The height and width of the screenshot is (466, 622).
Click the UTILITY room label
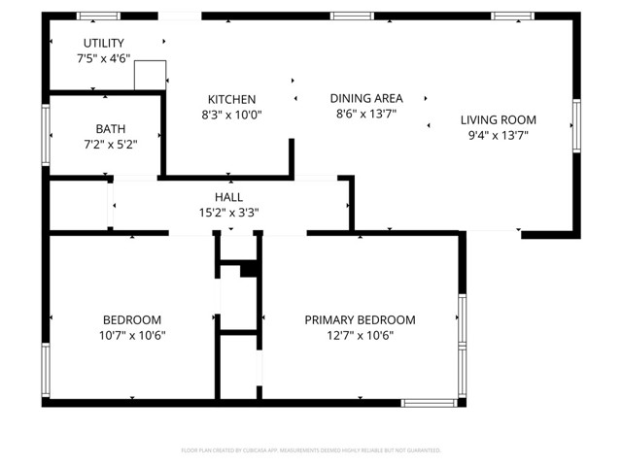click(x=104, y=43)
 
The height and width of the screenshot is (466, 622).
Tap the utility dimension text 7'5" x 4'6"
click(x=104, y=58)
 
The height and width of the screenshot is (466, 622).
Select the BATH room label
click(x=110, y=129)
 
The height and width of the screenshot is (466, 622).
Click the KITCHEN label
click(x=231, y=99)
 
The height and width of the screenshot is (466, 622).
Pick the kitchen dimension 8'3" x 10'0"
click(x=231, y=115)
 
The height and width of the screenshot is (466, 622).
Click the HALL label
click(x=229, y=197)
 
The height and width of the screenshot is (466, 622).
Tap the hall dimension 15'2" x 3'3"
click(x=229, y=213)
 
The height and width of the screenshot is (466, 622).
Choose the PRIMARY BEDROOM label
click(x=360, y=319)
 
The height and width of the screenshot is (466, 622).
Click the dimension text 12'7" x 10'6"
click(x=360, y=335)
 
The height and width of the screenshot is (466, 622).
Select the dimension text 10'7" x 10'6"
click(x=132, y=335)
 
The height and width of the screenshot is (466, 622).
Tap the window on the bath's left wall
click(x=45, y=134)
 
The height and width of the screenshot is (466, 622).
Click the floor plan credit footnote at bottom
click(x=311, y=450)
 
